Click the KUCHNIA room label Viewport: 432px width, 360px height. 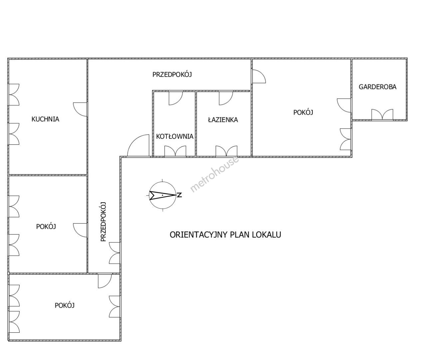click(x=45, y=119)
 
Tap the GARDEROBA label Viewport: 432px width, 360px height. click(x=378, y=87)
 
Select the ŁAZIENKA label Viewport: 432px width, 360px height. click(x=223, y=120)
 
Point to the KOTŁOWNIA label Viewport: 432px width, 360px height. click(x=175, y=136)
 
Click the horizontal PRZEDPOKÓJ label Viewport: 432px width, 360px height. click(x=172, y=75)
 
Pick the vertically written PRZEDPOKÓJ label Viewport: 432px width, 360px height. click(x=103, y=222)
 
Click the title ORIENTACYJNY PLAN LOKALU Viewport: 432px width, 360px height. click(x=225, y=235)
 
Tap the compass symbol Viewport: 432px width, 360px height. click(x=163, y=195)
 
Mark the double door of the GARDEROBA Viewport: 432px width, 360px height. click(x=382, y=114)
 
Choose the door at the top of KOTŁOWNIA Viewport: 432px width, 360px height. click(x=176, y=98)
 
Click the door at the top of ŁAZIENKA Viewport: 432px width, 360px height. click(x=226, y=98)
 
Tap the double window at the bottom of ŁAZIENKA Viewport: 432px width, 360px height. click(x=226, y=151)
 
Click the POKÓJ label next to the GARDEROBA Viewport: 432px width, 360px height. click(x=303, y=112)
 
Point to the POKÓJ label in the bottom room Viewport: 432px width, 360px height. click(x=65, y=305)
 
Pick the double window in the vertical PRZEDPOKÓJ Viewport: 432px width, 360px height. click(x=115, y=253)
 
